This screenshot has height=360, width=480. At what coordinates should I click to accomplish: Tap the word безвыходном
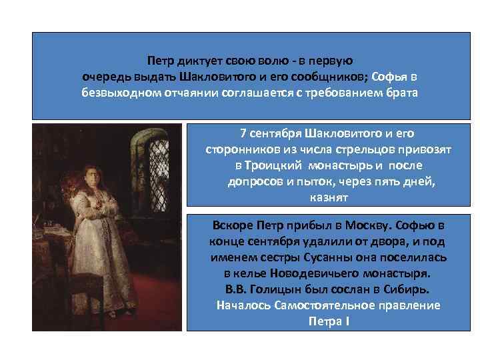(119, 92)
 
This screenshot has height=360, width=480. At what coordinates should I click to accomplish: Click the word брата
(401, 92)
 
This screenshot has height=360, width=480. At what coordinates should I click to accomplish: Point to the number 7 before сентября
(243, 133)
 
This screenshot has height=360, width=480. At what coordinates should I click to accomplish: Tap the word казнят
(329, 198)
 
